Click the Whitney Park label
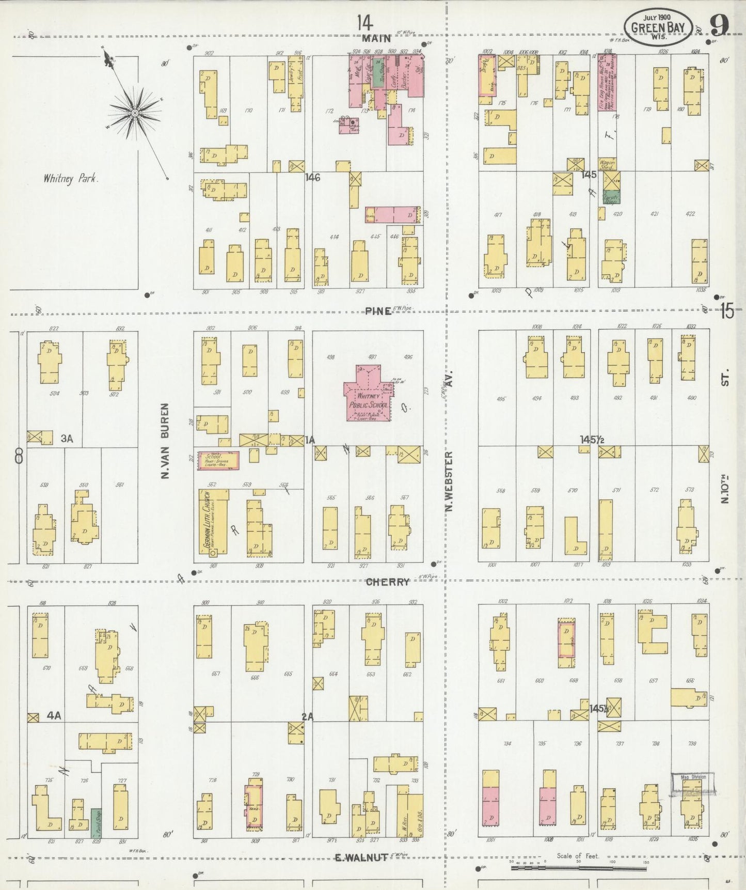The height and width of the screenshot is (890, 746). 71,179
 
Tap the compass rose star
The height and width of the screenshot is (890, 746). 135,113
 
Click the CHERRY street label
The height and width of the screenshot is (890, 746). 388,582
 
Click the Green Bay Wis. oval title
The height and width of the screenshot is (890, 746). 658,27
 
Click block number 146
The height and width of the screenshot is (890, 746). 313,178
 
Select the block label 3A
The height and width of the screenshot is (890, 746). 67,439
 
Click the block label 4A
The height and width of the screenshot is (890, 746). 54,715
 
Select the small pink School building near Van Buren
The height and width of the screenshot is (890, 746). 218,460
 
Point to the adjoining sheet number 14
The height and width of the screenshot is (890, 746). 364,23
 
